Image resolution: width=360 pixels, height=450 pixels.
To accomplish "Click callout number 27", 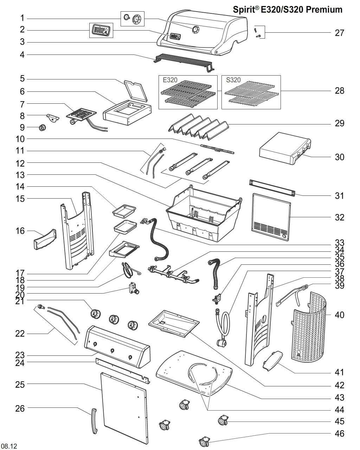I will tap(339, 33).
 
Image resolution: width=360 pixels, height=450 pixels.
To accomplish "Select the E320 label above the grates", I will tap(170, 80).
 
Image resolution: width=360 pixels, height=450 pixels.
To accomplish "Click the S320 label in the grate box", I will tap(233, 80).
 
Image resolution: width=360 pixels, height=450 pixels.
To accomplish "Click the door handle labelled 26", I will tap(93, 422).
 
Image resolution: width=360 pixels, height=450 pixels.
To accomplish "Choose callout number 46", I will tap(339, 433).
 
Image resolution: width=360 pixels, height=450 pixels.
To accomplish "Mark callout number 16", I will tap(20, 231).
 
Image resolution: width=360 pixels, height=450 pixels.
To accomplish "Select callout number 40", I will tap(339, 315).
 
